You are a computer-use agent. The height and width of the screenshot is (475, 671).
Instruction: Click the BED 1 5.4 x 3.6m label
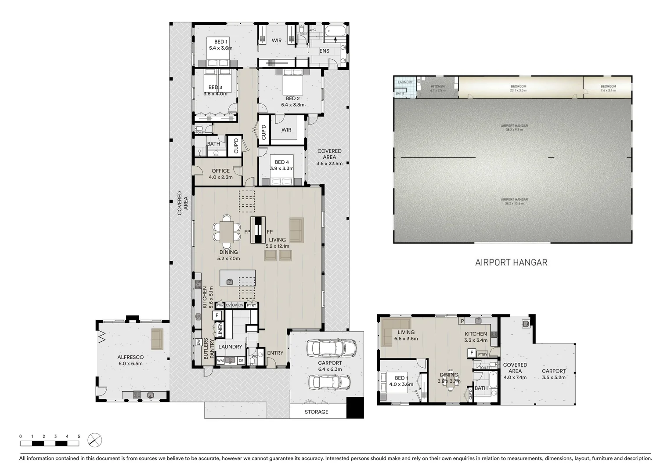[x=220, y=45]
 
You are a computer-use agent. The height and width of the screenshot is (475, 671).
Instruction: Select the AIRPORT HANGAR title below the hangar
[x=511, y=263]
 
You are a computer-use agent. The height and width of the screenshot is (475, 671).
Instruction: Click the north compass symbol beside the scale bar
[x=94, y=439]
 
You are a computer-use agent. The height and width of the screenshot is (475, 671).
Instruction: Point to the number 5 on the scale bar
[x=79, y=436]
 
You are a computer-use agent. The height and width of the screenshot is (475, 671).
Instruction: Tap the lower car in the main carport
[x=329, y=382]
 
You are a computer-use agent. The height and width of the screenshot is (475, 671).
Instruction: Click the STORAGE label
[x=316, y=412]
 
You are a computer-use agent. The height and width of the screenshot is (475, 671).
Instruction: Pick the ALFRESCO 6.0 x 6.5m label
[x=130, y=360]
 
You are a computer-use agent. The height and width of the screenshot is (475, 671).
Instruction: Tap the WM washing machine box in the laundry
[x=220, y=361]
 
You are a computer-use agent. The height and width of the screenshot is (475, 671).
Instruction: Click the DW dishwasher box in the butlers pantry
[x=198, y=342]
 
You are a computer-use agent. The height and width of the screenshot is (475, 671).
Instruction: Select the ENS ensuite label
[x=324, y=51]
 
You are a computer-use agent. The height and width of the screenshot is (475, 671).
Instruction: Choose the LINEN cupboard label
[x=220, y=329]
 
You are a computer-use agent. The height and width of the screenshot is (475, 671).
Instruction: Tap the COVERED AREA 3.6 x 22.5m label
[x=329, y=157]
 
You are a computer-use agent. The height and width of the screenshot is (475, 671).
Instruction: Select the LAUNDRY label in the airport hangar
[x=405, y=82]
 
